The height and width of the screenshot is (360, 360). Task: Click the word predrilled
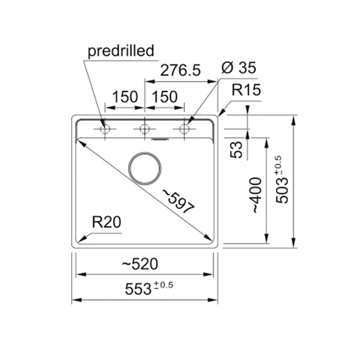(121, 51)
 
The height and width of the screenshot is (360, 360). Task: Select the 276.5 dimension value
(180, 70)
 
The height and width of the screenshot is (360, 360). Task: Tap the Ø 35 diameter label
(238, 68)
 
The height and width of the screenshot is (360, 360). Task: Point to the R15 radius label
(246, 90)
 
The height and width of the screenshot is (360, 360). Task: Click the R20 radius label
(106, 222)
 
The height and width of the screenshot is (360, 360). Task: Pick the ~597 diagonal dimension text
(178, 201)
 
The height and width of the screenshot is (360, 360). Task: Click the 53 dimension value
(236, 150)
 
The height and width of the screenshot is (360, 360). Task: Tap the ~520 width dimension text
(140, 264)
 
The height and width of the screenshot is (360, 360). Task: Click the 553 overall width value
(138, 289)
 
